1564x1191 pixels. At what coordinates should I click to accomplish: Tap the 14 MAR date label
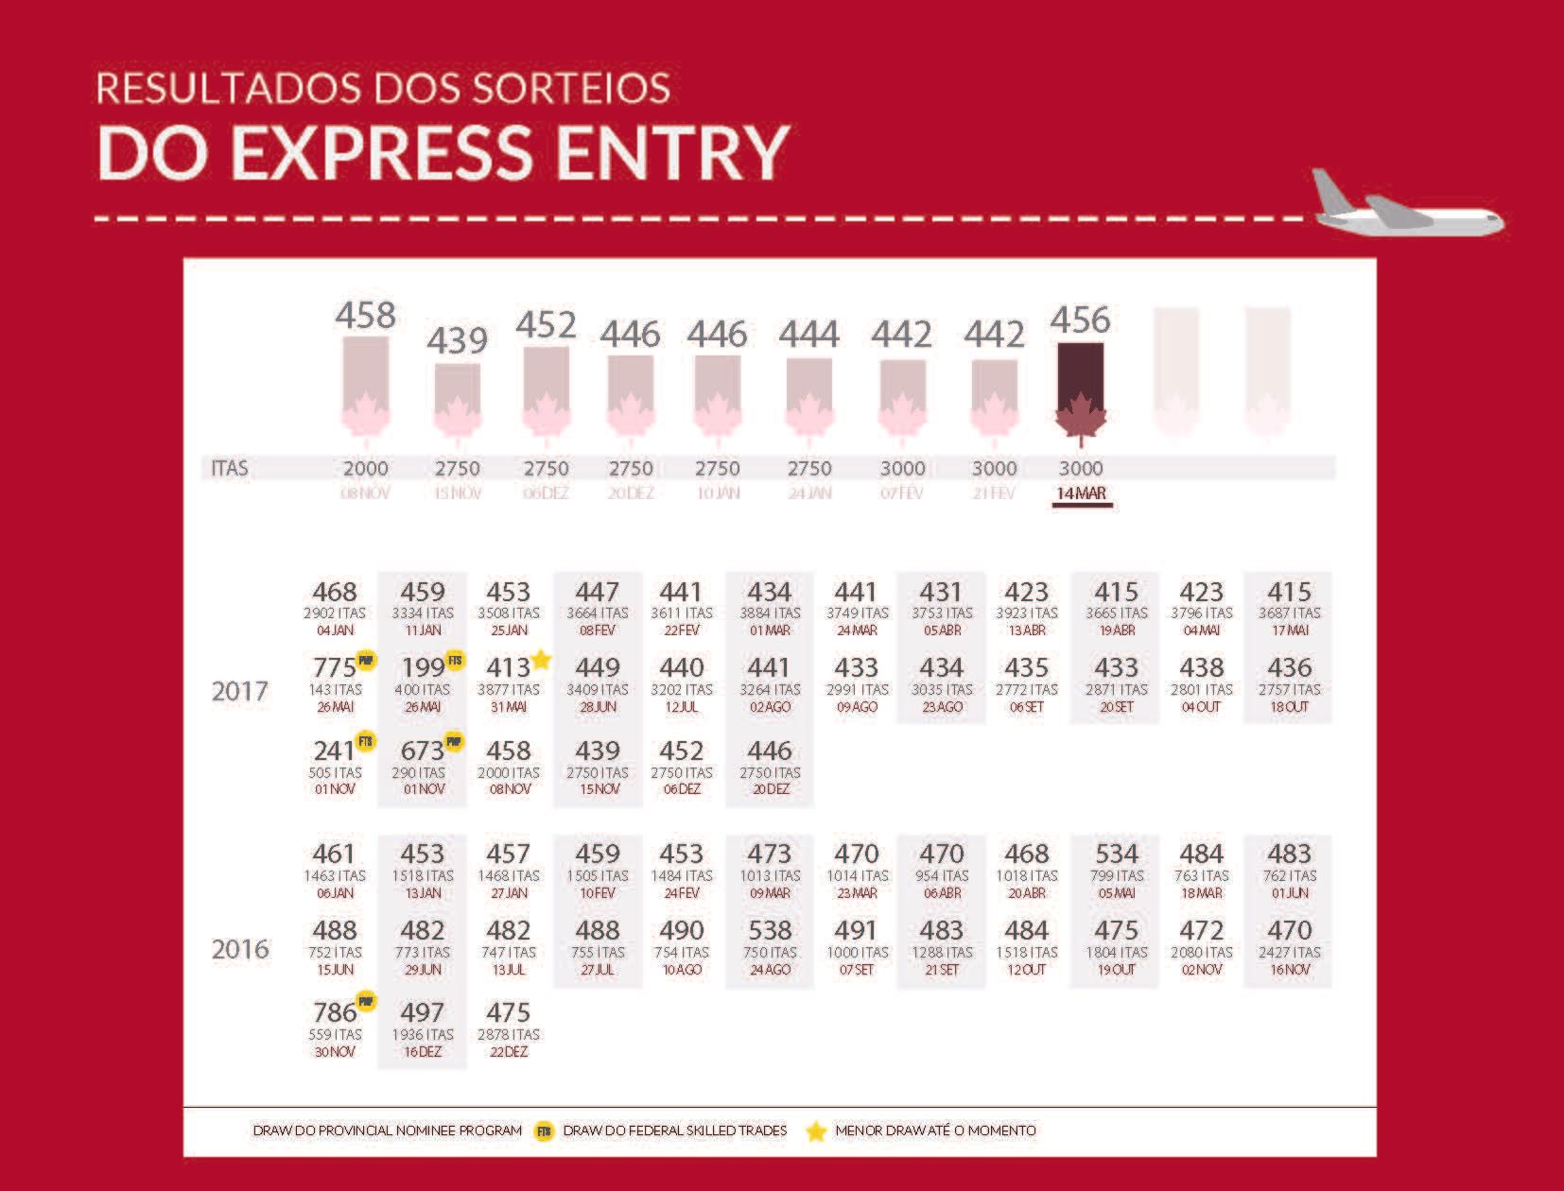click(1081, 493)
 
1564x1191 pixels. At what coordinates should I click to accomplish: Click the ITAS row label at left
click(230, 468)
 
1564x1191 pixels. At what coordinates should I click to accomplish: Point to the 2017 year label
click(240, 691)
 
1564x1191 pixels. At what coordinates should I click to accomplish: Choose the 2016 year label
click(240, 948)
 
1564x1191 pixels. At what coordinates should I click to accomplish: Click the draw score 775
click(334, 668)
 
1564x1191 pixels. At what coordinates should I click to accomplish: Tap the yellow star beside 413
click(541, 659)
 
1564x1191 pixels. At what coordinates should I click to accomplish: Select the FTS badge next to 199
click(455, 660)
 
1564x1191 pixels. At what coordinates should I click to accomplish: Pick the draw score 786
click(334, 1013)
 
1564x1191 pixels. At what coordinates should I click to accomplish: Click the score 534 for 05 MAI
click(1116, 854)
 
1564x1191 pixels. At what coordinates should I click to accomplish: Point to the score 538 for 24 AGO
click(769, 931)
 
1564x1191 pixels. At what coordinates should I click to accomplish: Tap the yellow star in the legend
click(815, 1131)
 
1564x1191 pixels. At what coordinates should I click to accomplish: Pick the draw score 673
click(422, 751)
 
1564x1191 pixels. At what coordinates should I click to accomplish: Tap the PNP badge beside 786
click(366, 1001)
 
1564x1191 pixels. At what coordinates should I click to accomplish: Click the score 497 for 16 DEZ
click(422, 1013)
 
